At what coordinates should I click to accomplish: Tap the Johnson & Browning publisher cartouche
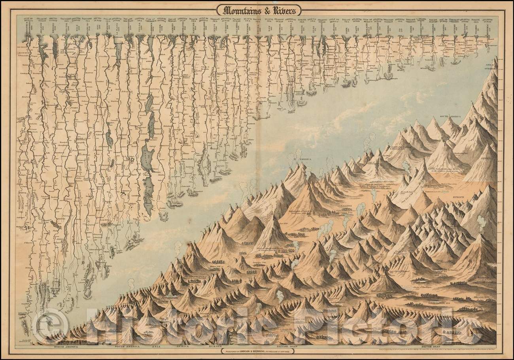[257, 349]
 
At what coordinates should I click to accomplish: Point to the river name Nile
[77, 28]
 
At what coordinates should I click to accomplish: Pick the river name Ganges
[173, 28]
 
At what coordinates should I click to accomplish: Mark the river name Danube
[193, 28]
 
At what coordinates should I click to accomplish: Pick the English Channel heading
[411, 20]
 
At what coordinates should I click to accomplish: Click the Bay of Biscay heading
[433, 20]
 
